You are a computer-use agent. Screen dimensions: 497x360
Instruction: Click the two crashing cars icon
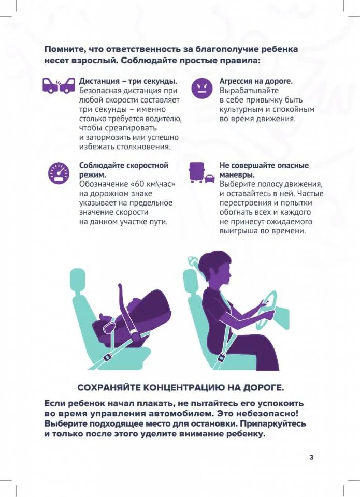(x=58, y=85)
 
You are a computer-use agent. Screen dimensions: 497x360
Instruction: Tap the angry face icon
(x=201, y=88)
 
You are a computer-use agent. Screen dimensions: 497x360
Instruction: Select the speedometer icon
(x=59, y=173)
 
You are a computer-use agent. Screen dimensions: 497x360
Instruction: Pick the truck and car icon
(x=202, y=173)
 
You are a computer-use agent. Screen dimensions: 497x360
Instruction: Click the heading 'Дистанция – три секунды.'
(x=128, y=81)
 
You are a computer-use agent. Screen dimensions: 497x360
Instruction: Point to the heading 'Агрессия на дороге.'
(x=256, y=81)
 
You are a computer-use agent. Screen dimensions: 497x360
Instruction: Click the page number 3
(x=311, y=457)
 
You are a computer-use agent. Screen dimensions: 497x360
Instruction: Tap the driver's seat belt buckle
(x=222, y=357)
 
